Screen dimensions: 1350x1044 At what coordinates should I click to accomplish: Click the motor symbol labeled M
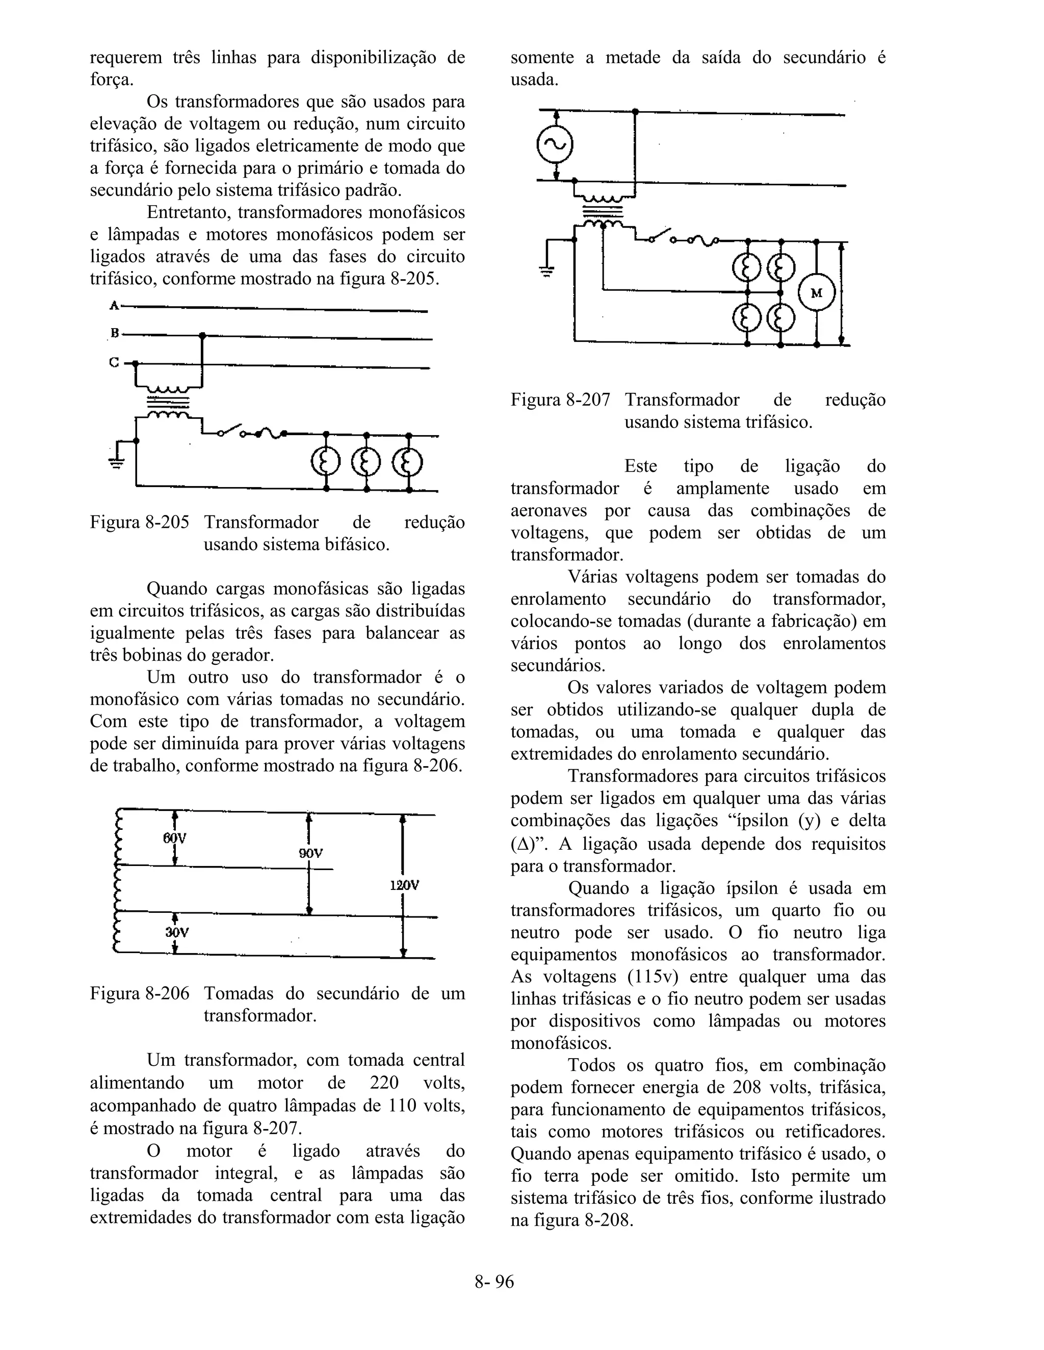click(x=817, y=293)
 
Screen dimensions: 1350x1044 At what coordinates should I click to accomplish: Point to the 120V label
click(x=404, y=885)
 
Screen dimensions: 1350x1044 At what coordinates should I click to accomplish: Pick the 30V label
click(x=176, y=932)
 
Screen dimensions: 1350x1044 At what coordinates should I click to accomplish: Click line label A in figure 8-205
click(x=114, y=305)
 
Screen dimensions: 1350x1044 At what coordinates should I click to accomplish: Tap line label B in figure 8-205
click(x=114, y=334)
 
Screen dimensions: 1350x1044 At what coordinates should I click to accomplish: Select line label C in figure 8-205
click(x=114, y=363)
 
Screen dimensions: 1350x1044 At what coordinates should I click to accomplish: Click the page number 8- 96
click(x=494, y=1281)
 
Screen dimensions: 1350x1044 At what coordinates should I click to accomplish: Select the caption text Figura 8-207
click(x=560, y=400)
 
